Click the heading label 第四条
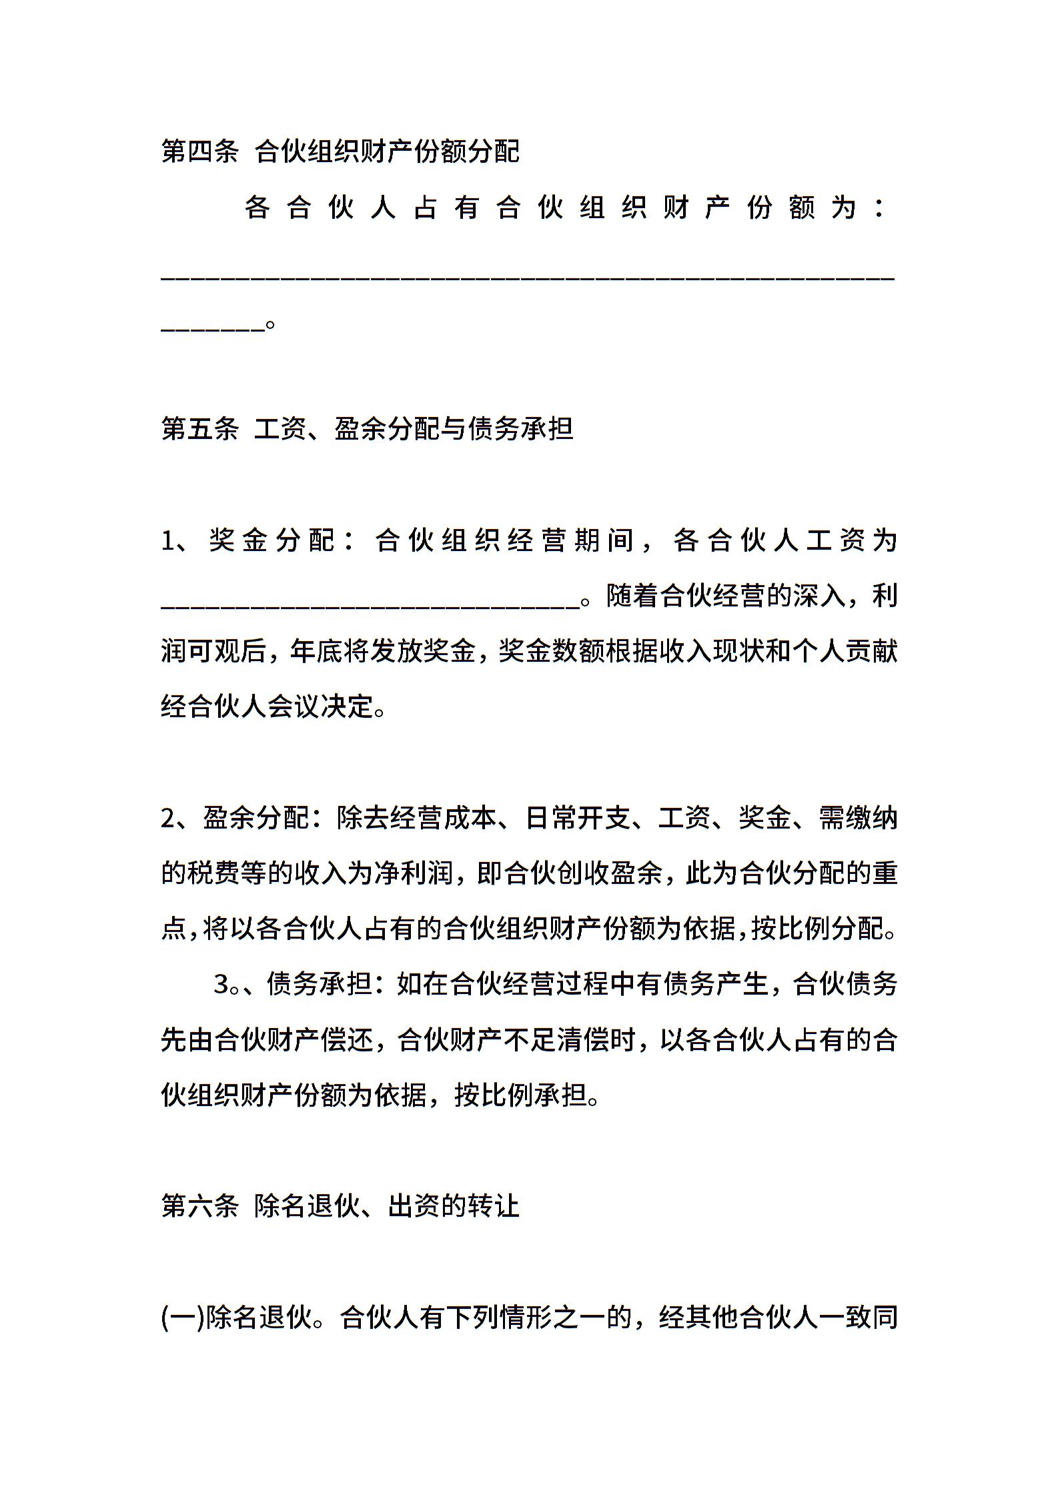tap(199, 152)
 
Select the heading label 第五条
tap(199, 429)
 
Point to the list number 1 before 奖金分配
tap(168, 540)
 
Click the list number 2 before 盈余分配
tap(168, 818)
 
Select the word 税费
tap(213, 873)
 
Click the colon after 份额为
tap(880, 209)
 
